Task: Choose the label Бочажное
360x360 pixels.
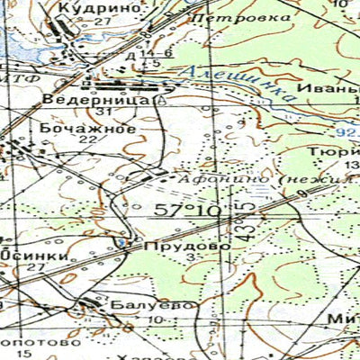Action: [87, 129]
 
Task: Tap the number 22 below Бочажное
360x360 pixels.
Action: [87, 140]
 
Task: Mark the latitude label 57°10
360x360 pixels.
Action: [188, 211]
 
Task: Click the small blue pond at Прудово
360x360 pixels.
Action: [120, 243]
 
